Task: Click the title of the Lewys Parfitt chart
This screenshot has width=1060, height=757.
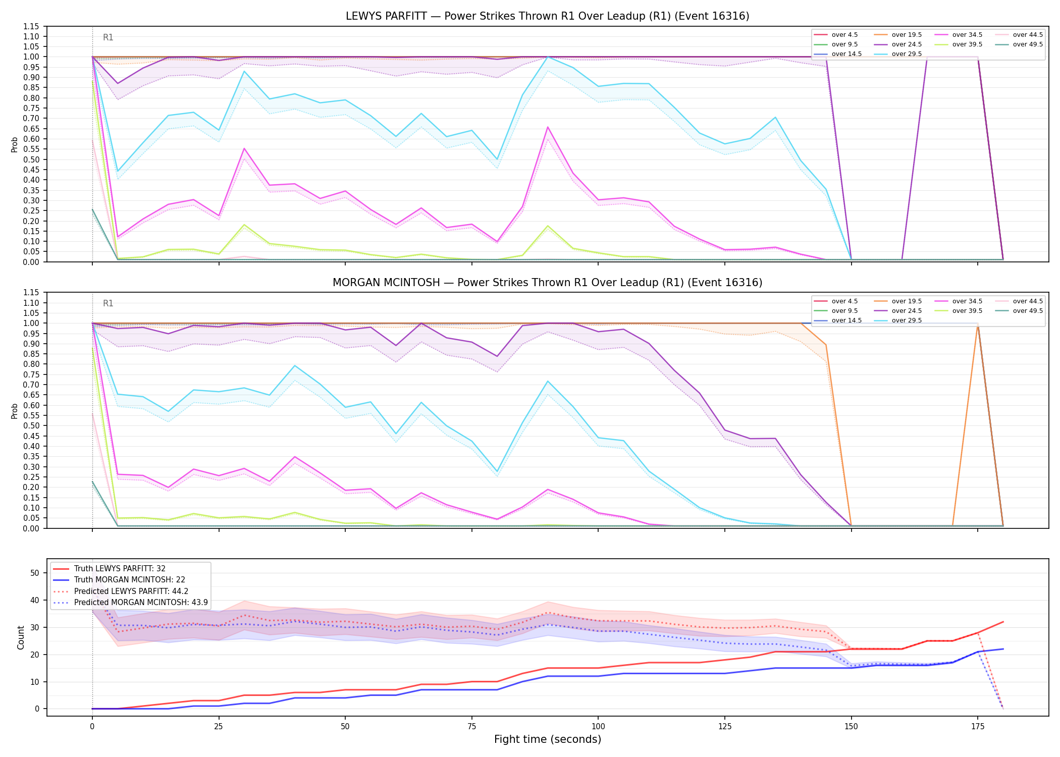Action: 547,16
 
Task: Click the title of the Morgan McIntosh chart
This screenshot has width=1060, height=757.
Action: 547,283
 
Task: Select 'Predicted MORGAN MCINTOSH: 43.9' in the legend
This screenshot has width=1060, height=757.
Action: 130,603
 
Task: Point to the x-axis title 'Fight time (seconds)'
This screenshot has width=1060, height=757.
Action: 548,739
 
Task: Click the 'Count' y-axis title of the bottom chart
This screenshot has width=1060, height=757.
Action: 21,637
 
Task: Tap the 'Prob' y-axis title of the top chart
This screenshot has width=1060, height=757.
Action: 15,144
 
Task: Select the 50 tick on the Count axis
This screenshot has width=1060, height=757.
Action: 35,573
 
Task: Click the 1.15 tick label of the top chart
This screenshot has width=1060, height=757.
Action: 31,26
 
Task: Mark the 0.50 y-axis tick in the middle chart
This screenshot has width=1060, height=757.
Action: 31,425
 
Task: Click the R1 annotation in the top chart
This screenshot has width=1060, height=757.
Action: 108,37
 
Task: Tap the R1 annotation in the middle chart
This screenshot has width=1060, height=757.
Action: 108,303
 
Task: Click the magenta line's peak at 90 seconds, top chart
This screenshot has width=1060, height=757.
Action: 548,127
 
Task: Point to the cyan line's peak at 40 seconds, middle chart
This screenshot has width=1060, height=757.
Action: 295,365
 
